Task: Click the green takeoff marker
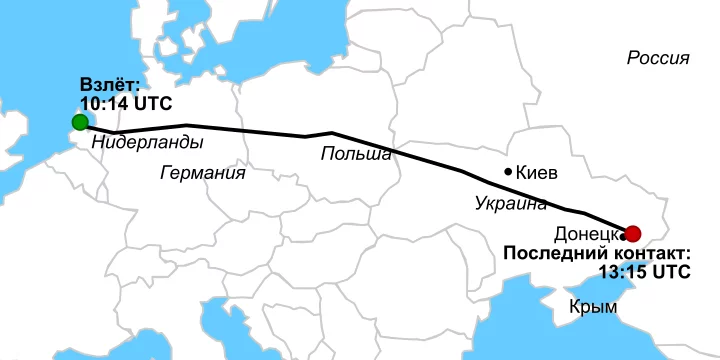coord(80,123)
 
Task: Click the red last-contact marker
coord(632,232)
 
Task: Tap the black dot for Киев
coord(509,171)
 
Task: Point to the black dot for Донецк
coord(623,237)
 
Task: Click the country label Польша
coord(356,153)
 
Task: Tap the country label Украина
coord(511,204)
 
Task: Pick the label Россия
coord(658,58)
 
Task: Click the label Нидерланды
coord(147,142)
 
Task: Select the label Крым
coord(592,307)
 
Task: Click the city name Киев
coord(537,172)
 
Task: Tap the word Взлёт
coord(112,87)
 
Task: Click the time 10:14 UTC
coord(126,104)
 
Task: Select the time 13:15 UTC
coord(644,271)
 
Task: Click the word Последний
coord(554,253)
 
